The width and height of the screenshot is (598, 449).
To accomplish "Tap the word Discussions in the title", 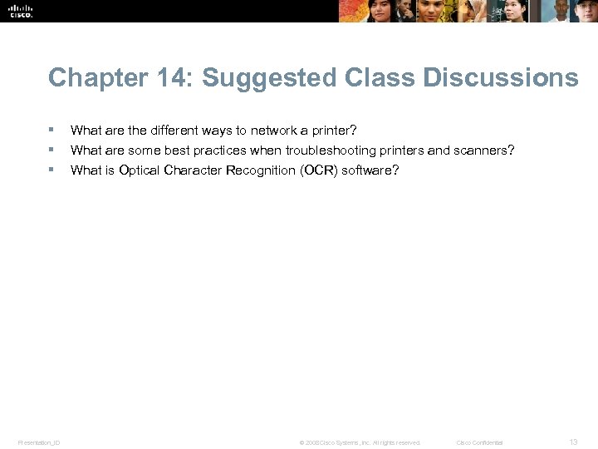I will point(500,78).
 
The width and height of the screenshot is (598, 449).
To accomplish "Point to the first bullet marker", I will point(51,130).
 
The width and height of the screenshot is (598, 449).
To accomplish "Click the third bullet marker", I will point(51,170).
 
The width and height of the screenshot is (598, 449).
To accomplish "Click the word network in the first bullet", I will point(272,131).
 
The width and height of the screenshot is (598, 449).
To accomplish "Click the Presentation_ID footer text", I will point(39,442).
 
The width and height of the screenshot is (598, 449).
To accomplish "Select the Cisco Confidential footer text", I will point(479,442).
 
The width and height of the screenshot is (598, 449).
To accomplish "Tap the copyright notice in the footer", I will point(360,442).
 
